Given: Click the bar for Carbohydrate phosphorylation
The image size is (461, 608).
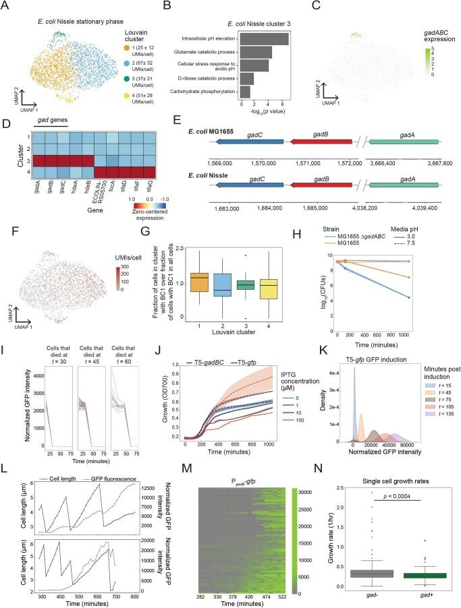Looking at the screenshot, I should (246, 90).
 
